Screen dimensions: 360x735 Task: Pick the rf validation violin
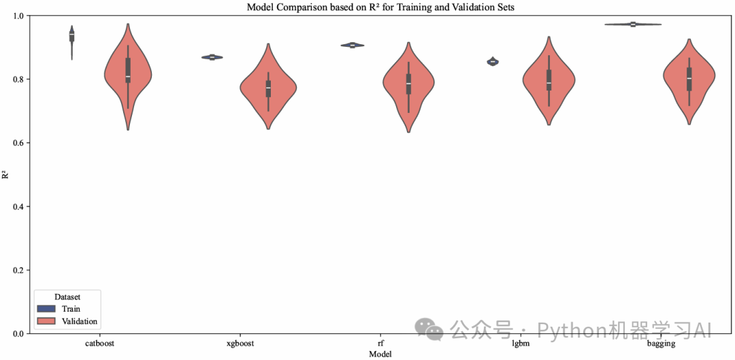(x=408, y=85)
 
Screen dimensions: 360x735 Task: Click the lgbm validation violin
(x=549, y=82)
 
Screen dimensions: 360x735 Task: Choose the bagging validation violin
(x=689, y=80)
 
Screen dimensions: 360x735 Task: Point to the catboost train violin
(x=72, y=36)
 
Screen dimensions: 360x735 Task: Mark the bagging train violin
(x=633, y=24)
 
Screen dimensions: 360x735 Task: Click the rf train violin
(x=353, y=46)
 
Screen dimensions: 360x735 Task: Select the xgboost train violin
(x=212, y=57)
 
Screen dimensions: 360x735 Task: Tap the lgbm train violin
(x=493, y=62)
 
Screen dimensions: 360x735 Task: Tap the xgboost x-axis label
(x=240, y=344)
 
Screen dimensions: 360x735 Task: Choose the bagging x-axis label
(x=661, y=344)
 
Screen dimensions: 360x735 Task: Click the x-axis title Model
(x=380, y=354)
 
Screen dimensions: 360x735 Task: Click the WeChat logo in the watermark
(x=433, y=329)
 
